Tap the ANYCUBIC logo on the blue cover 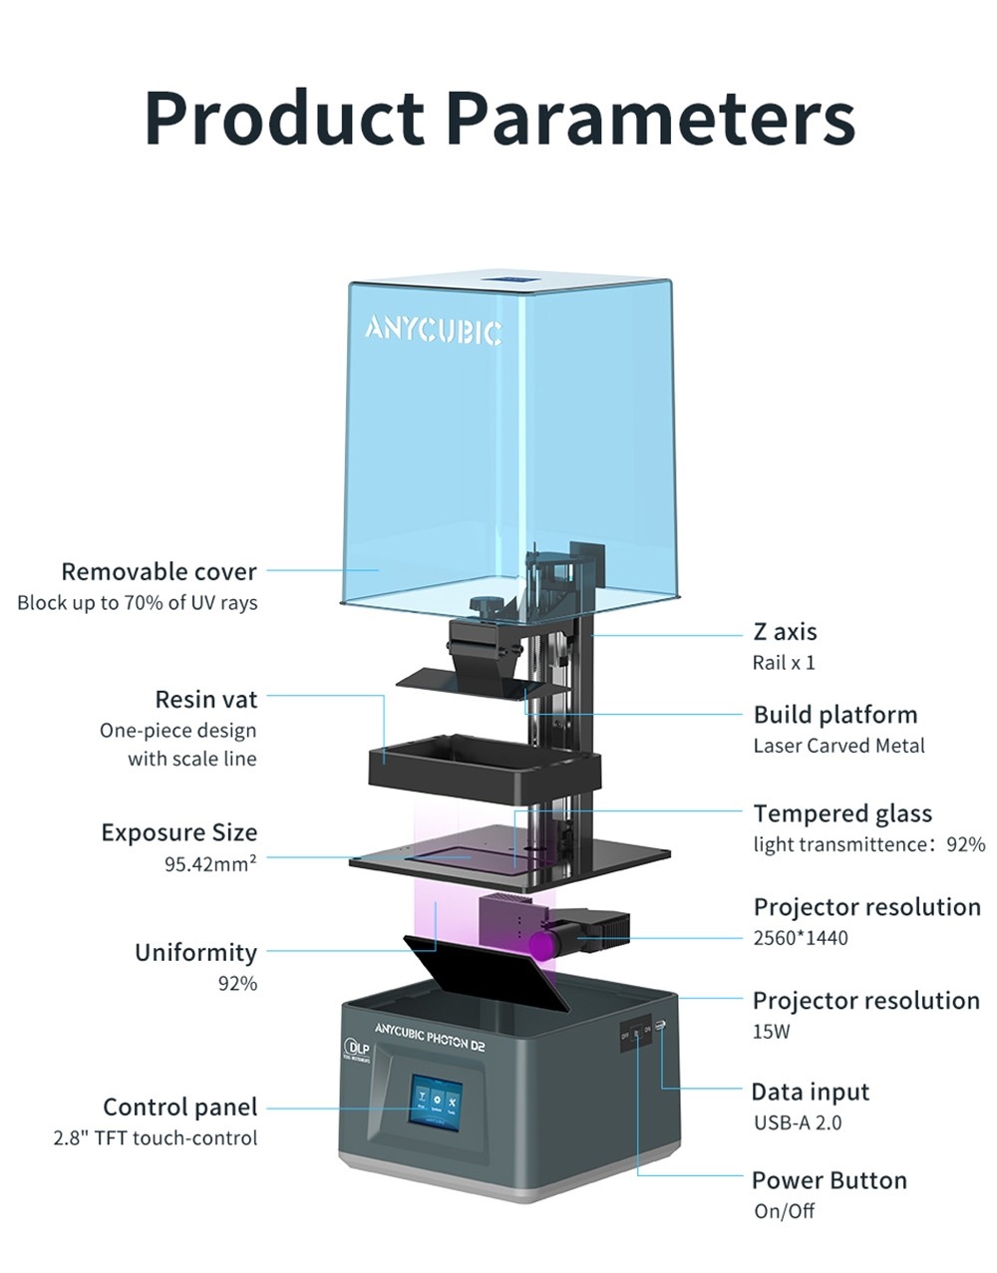coord(433,330)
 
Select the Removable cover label coord(159,571)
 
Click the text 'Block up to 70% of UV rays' coord(137,603)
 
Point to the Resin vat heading coord(205,699)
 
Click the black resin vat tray coord(485,766)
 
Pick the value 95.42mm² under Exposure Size coord(209,863)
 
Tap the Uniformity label coord(195,952)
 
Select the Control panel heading coord(179,1107)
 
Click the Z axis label coord(785,631)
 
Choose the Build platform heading coord(834,715)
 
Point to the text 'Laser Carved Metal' coord(838,746)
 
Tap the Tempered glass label coord(842,813)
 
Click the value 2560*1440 coord(801,938)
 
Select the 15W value coord(771,1032)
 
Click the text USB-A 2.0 coord(797,1122)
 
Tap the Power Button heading coord(829,1180)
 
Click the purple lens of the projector coord(542,944)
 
